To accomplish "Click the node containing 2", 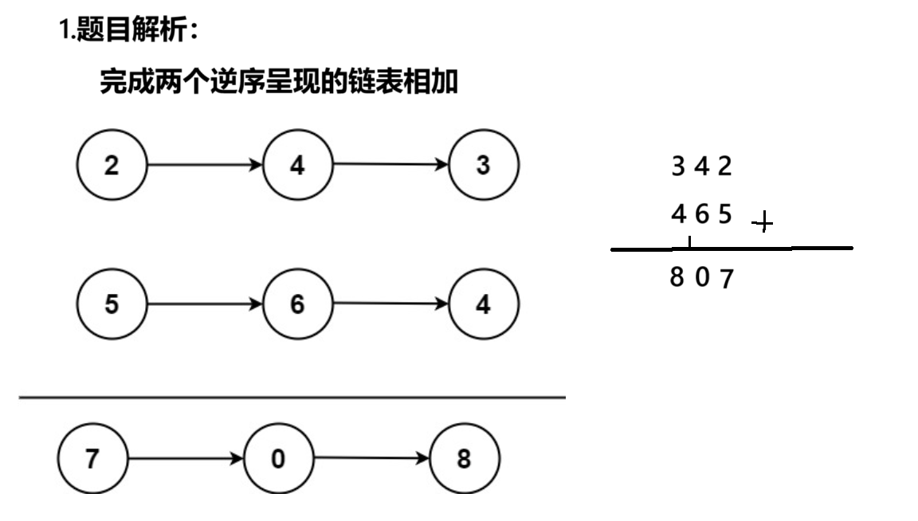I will tap(112, 166).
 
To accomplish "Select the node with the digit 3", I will tap(484, 166).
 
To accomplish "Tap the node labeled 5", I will tap(112, 304).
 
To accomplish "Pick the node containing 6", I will tap(297, 304).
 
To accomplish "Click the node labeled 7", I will tap(92, 460).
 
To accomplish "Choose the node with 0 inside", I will tap(278, 460).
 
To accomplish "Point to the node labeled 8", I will tap(465, 460).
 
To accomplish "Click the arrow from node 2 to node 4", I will tap(205, 166).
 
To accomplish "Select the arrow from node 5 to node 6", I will tap(205, 304).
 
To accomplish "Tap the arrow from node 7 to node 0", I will tap(186, 460).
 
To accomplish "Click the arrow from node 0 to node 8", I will tap(371, 459).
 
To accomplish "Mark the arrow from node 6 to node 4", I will tap(390, 304).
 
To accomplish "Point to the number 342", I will tap(701, 167).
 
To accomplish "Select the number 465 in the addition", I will tap(701, 215).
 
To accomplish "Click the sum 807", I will tap(701, 279).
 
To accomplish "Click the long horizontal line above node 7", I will tap(292, 397).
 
